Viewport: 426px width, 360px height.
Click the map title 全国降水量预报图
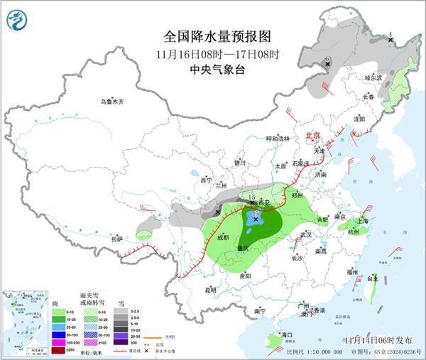219,36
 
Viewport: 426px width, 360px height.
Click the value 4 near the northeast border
390,33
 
